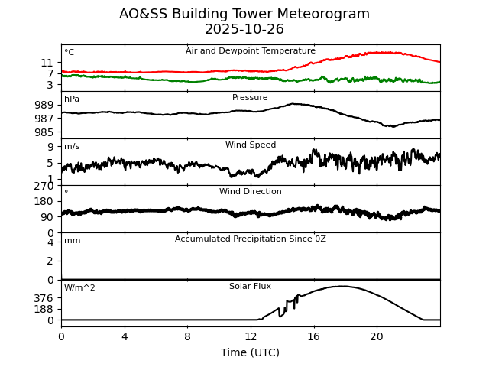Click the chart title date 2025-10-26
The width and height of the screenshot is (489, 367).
click(244, 30)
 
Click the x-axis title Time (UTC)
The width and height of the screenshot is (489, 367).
click(251, 352)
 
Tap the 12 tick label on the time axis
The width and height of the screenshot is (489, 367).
click(251, 336)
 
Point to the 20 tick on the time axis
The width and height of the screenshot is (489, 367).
click(377, 336)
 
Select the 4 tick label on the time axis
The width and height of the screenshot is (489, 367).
click(125, 336)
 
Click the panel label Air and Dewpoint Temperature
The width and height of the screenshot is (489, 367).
click(251, 51)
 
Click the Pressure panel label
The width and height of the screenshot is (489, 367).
click(251, 98)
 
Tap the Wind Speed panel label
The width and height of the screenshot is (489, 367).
click(251, 145)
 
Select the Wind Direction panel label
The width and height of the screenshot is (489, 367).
click(251, 192)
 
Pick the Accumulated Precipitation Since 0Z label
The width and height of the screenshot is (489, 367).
click(251, 239)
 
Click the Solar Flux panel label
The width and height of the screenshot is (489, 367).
click(251, 287)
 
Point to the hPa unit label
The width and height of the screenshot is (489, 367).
click(72, 99)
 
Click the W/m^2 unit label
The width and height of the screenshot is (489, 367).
click(79, 288)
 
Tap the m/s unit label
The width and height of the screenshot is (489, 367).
click(72, 147)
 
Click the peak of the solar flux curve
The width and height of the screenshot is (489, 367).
click(342, 287)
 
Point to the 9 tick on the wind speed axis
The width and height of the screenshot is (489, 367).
click(50, 147)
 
